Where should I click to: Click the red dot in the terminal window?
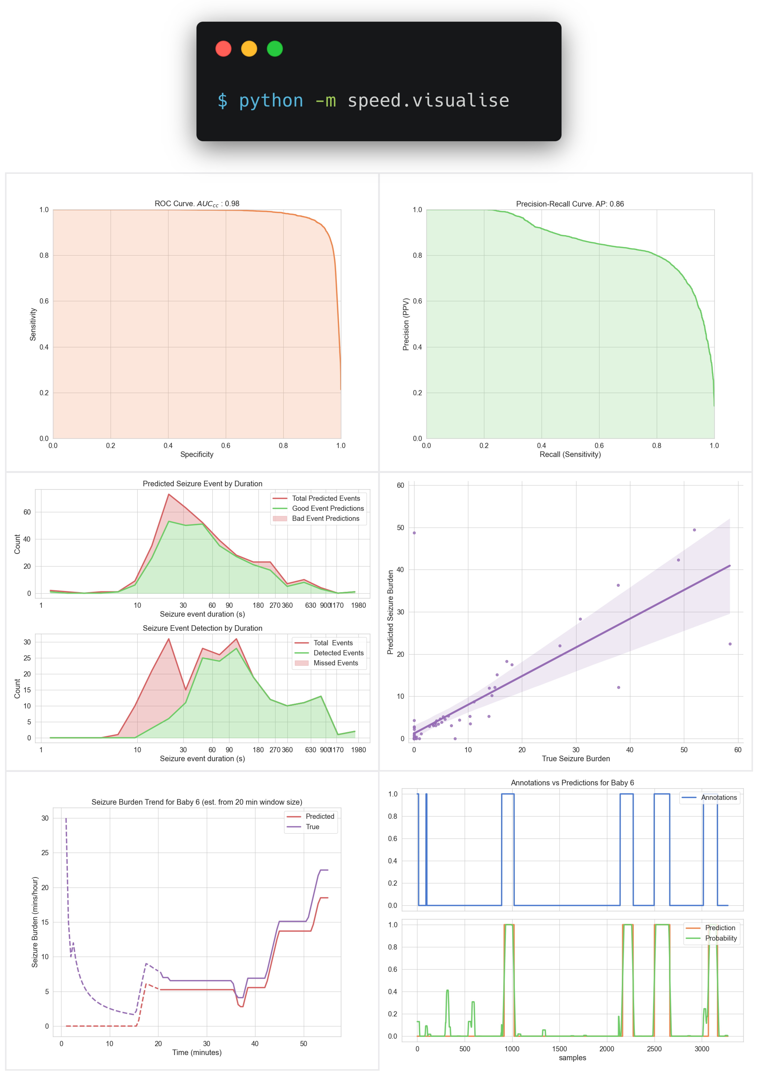coord(223,49)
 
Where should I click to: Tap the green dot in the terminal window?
coord(275,49)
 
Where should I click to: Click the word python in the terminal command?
coord(271,100)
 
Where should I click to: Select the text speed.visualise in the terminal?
coord(428,100)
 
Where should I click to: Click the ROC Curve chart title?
coord(197,203)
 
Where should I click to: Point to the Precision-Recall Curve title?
coord(570,204)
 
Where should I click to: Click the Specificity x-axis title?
coord(197,454)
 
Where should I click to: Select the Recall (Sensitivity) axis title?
coord(570,454)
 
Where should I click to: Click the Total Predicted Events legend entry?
coord(326,498)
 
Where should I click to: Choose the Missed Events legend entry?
coord(336,663)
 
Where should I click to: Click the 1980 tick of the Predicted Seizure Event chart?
coord(358,605)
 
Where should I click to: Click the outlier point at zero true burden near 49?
coord(414,533)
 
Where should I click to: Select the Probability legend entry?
coord(721,938)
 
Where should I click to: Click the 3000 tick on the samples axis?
coord(701,1049)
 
